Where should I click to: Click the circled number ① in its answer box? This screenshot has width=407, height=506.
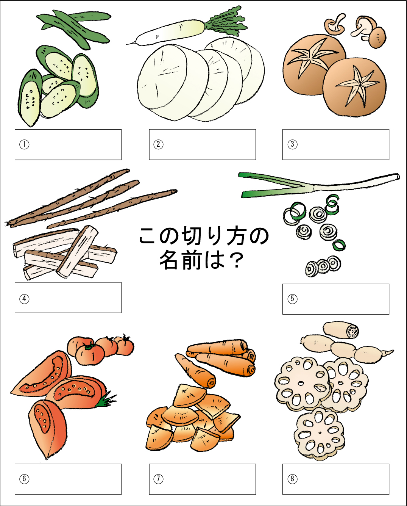click(x=24, y=144)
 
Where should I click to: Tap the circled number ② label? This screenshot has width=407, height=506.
click(x=158, y=144)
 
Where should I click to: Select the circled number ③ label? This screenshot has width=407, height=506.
click(x=292, y=144)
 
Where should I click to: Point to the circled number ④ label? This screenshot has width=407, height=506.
click(x=24, y=299)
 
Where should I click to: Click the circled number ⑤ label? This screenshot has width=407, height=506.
click(x=292, y=299)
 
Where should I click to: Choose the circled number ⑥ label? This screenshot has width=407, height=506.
click(x=24, y=479)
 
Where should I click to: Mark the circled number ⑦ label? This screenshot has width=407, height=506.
click(x=158, y=479)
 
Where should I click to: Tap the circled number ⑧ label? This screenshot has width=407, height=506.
click(x=292, y=479)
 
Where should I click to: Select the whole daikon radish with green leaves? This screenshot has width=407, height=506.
click(x=187, y=25)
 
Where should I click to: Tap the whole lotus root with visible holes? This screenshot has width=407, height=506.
click(x=346, y=343)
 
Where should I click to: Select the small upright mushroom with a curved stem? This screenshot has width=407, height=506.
click(x=335, y=23)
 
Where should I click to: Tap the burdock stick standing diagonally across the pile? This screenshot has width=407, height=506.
click(x=78, y=251)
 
